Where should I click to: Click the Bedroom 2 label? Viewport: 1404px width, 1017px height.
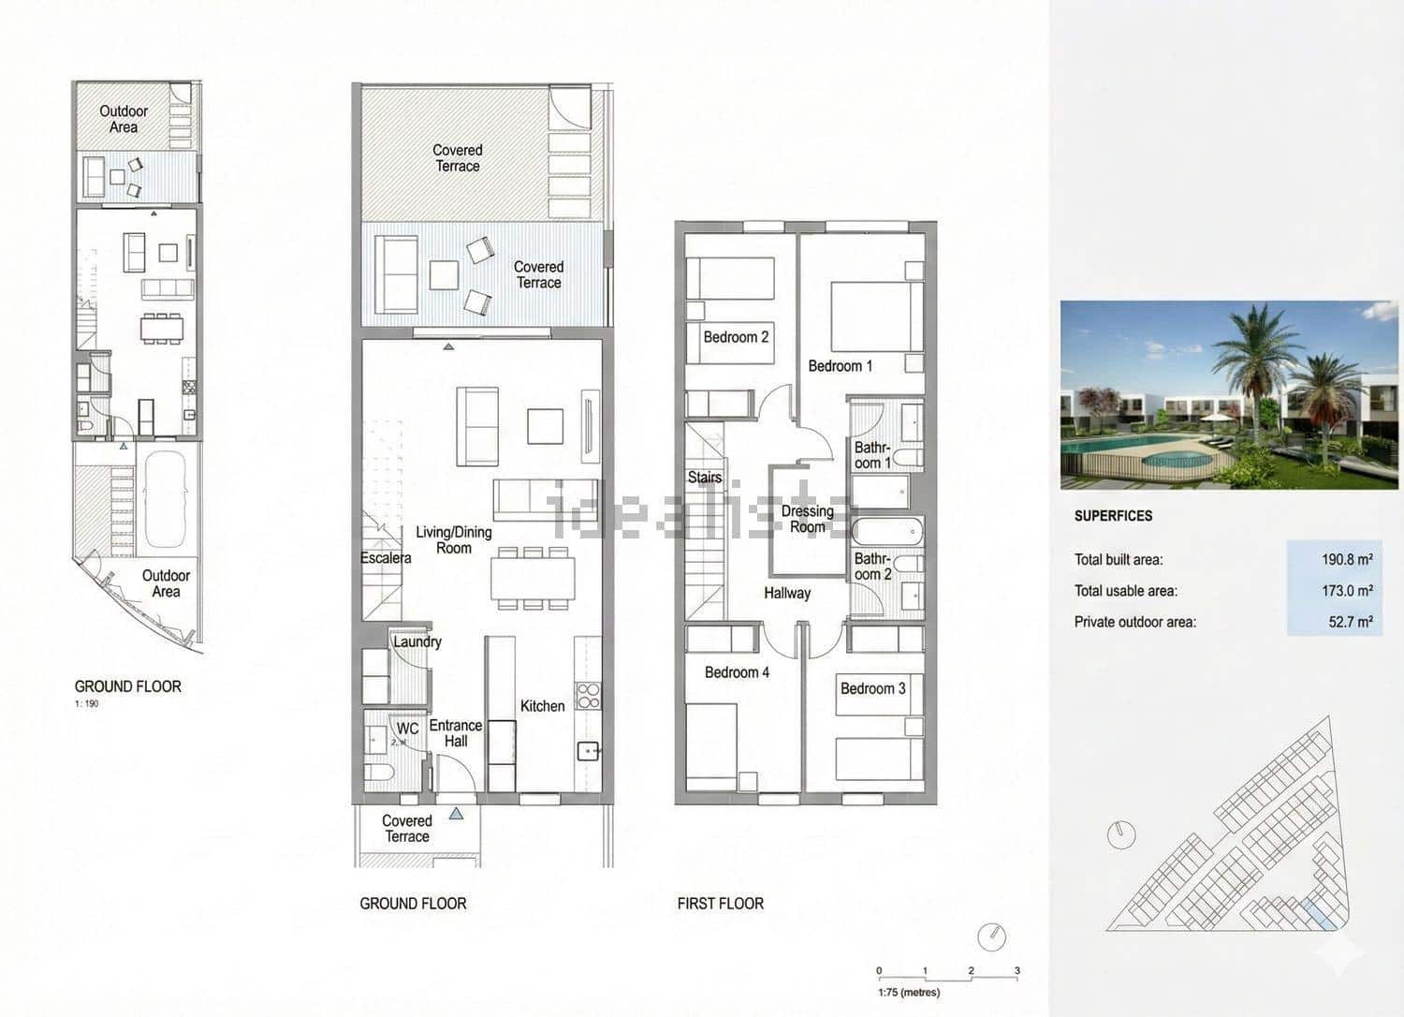pyautogui.click(x=736, y=337)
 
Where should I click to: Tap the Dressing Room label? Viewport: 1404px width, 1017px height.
pyautogui.click(x=807, y=519)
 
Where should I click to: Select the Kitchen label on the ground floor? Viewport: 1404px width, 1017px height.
pyautogui.click(x=542, y=706)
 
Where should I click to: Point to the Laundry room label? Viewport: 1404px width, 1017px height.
pyautogui.click(x=417, y=642)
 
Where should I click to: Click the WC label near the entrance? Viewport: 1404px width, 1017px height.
pyautogui.click(x=407, y=729)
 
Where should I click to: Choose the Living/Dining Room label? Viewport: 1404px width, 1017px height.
pyautogui.click(x=454, y=539)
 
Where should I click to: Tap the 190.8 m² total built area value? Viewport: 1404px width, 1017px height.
pyautogui.click(x=1346, y=560)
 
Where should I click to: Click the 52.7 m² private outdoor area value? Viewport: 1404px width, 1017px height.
pyautogui.click(x=1350, y=622)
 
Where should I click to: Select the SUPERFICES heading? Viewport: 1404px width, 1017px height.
pyautogui.click(x=1113, y=516)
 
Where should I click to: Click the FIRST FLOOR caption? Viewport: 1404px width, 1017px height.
pyautogui.click(x=720, y=904)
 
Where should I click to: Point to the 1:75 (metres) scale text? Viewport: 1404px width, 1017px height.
pyautogui.click(x=908, y=993)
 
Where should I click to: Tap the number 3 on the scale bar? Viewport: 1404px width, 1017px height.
pyautogui.click(x=1016, y=971)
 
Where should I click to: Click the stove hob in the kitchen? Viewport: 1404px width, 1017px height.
pyautogui.click(x=588, y=695)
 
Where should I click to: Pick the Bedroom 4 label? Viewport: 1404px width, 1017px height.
pyautogui.click(x=737, y=672)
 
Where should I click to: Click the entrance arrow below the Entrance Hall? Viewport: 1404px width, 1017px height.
pyautogui.click(x=456, y=814)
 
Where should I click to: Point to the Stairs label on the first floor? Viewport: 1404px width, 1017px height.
pyautogui.click(x=704, y=478)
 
